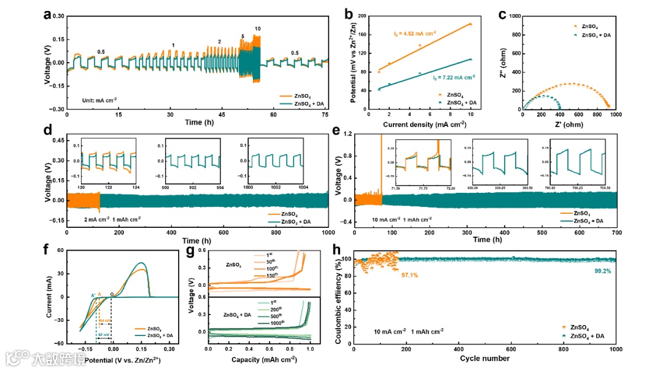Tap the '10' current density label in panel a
(258, 29)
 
